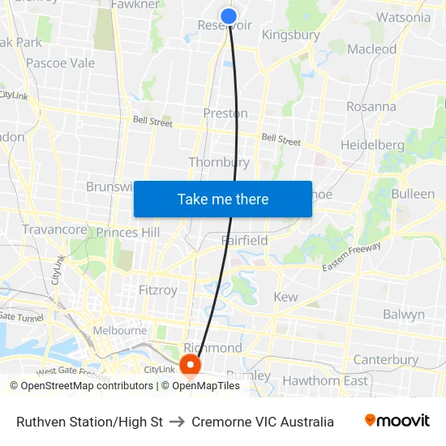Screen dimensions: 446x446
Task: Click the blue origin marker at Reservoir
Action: pyautogui.click(x=229, y=15)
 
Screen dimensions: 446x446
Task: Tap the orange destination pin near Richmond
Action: pyautogui.click(x=191, y=366)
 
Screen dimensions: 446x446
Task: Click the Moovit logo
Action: pyautogui.click(x=397, y=421)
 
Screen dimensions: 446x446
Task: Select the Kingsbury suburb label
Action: pyautogui.click(x=290, y=36)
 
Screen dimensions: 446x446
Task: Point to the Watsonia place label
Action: pyautogui.click(x=404, y=17)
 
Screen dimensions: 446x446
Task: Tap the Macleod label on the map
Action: pyautogui.click(x=371, y=49)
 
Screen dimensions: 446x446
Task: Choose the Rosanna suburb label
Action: pyautogui.click(x=371, y=106)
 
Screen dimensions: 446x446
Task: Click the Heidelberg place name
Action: pyautogui.click(x=372, y=144)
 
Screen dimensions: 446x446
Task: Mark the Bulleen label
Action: pyautogui.click(x=413, y=195)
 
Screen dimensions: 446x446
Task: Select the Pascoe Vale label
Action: pyautogui.click(x=59, y=62)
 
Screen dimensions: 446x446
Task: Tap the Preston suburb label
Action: pyautogui.click(x=225, y=114)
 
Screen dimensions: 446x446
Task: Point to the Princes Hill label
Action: pyautogui.click(x=128, y=233)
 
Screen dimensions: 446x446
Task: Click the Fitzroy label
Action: pyautogui.click(x=157, y=289)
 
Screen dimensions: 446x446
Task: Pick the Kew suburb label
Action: pyautogui.click(x=285, y=297)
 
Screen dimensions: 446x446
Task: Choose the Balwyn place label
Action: pyautogui.click(x=403, y=314)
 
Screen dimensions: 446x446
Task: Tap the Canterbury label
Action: pyautogui.click(x=386, y=359)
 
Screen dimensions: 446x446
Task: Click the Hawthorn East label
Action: pyautogui.click(x=324, y=380)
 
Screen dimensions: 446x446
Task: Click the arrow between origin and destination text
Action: pyautogui.click(x=176, y=422)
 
